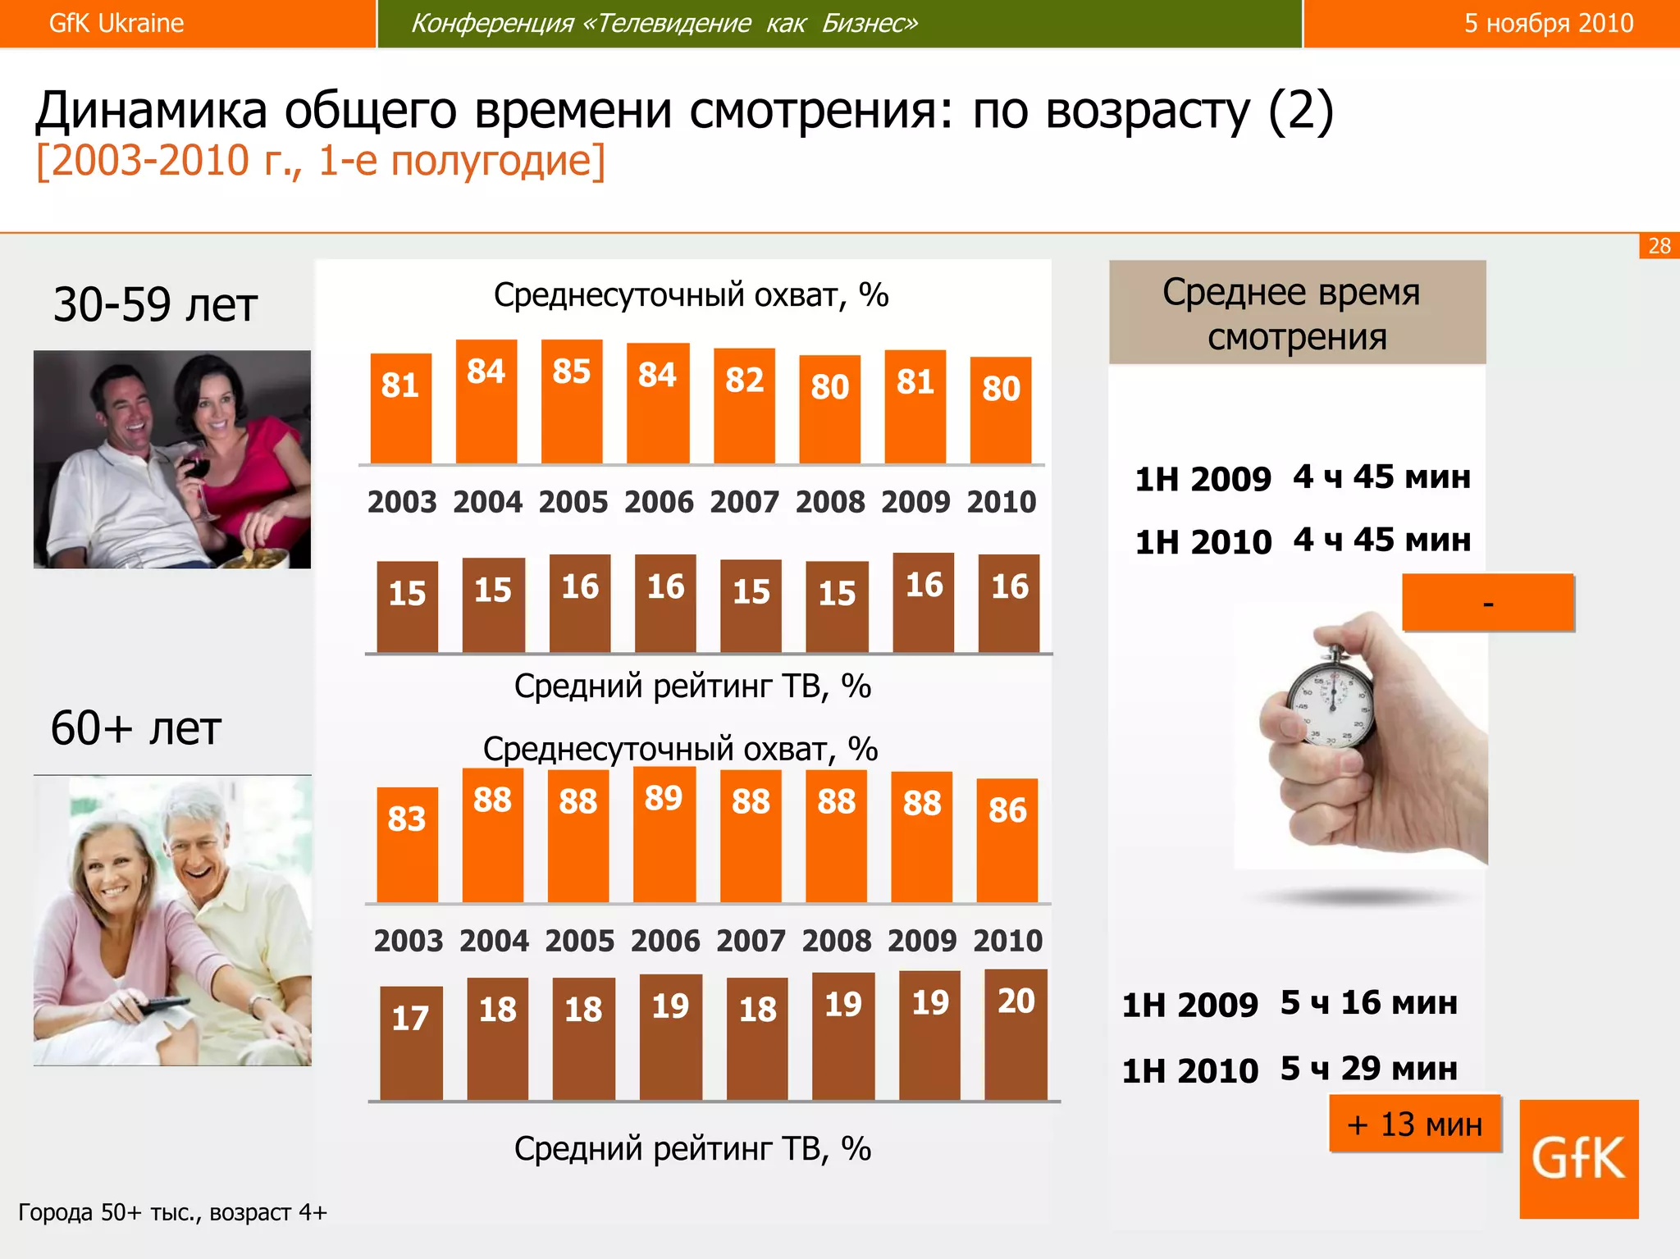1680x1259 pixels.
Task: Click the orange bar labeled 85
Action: pyautogui.click(x=572, y=402)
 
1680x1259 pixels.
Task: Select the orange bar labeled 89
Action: pyautogui.click(x=664, y=835)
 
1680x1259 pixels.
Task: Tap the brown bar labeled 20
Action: pyautogui.click(x=1016, y=1034)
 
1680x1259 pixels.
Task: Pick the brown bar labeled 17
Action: pyautogui.click(x=411, y=1042)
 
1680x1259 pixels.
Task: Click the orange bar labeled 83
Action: pyautogui.click(x=407, y=845)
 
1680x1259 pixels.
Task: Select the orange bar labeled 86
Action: pyautogui.click(x=1007, y=841)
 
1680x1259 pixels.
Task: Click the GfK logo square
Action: pyautogui.click(x=1578, y=1159)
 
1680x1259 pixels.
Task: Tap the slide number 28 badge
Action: pyautogui.click(x=1659, y=246)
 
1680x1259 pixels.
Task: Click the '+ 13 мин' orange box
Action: pyautogui.click(x=1414, y=1124)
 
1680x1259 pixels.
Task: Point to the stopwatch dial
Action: pyautogui.click(x=1331, y=706)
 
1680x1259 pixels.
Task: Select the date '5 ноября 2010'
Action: pyautogui.click(x=1548, y=23)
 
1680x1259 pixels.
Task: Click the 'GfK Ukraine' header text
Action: pyautogui.click(x=116, y=23)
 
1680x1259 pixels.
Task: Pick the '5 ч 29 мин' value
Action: pyautogui.click(x=1368, y=1068)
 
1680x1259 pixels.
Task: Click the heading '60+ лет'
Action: pyautogui.click(x=136, y=728)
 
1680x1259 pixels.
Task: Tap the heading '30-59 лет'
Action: pyautogui.click(x=155, y=304)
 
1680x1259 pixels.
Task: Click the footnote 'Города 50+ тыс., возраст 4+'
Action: pyautogui.click(x=172, y=1211)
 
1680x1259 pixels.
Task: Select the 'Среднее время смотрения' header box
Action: pyautogui.click(x=1297, y=312)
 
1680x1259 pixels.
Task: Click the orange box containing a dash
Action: pyautogui.click(x=1487, y=603)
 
